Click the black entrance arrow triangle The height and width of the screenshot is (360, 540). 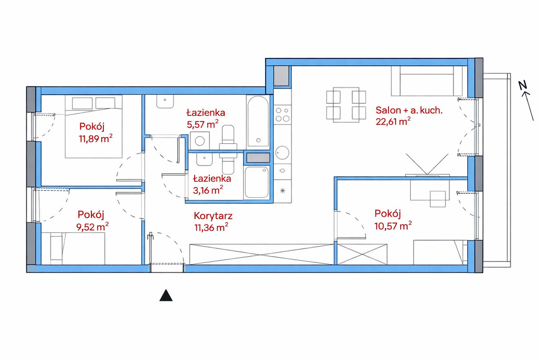pyautogui.click(x=166, y=295)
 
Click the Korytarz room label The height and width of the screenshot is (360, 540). pyautogui.click(x=213, y=216)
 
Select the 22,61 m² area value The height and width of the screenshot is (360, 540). pyautogui.click(x=393, y=121)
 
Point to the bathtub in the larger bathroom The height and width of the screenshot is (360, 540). pyautogui.click(x=258, y=121)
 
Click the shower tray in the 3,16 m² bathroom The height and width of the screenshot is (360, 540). pyautogui.click(x=257, y=182)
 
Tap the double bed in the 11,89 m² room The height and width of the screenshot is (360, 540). pyautogui.click(x=94, y=127)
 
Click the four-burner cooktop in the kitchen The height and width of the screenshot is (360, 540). pyautogui.click(x=283, y=114)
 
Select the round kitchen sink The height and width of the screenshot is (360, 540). pyautogui.click(x=283, y=153)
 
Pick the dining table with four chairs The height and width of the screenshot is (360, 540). pyautogui.click(x=346, y=105)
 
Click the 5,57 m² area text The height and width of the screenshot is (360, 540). pyautogui.click(x=203, y=124)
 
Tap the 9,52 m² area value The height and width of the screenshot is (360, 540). pyautogui.click(x=93, y=227)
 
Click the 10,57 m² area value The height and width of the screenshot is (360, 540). pyautogui.click(x=393, y=226)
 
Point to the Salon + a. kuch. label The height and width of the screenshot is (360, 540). pyautogui.click(x=409, y=111)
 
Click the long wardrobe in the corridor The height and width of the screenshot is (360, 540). pyautogui.click(x=262, y=255)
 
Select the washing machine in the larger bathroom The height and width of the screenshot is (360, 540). pyautogui.click(x=199, y=140)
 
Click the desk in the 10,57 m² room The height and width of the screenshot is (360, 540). pyautogui.click(x=430, y=190)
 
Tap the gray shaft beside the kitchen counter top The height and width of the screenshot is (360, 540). pyautogui.click(x=282, y=76)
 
